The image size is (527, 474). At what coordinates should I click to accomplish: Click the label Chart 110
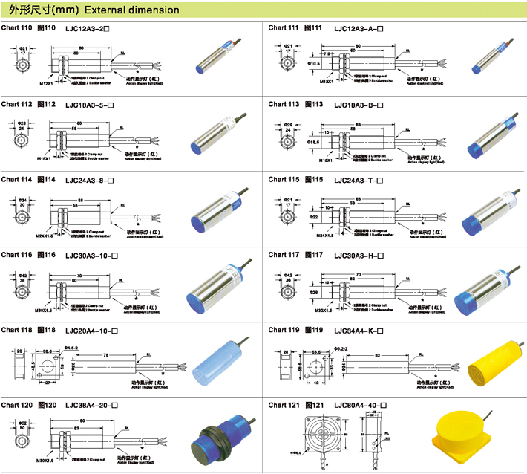point(16,27)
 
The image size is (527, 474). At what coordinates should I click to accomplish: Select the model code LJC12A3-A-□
point(359,28)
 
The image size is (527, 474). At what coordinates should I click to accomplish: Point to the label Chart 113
point(283,105)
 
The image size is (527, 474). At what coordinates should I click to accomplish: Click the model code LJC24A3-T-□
point(359,181)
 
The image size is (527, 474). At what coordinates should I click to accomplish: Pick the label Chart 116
point(16,255)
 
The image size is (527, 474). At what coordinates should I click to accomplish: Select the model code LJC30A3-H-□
point(359,256)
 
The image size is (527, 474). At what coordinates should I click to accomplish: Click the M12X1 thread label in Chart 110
point(47,83)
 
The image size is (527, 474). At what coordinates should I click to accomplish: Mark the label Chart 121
point(283,405)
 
